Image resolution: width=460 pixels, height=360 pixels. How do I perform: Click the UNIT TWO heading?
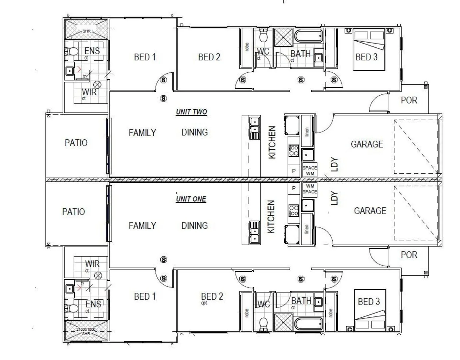(x=191, y=112)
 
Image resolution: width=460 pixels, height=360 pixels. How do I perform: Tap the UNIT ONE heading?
(x=191, y=199)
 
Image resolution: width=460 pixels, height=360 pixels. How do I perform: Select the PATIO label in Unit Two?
(x=76, y=143)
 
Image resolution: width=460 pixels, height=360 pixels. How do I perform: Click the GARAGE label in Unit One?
(x=370, y=211)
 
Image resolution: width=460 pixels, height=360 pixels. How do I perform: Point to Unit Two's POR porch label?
(x=409, y=100)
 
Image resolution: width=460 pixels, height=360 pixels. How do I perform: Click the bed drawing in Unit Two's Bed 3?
(x=369, y=50)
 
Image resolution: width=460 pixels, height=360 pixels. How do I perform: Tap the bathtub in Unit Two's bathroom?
(x=308, y=36)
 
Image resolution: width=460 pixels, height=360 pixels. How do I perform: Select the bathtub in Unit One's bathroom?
(x=308, y=323)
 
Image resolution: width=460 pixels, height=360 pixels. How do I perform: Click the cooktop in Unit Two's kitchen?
(x=294, y=151)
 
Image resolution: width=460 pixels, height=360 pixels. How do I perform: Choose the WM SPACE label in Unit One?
(x=310, y=189)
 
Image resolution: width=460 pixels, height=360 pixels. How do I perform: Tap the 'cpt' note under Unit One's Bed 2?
(x=204, y=303)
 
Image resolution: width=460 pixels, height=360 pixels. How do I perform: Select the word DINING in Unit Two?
(x=194, y=132)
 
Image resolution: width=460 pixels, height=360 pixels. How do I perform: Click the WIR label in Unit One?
(x=92, y=264)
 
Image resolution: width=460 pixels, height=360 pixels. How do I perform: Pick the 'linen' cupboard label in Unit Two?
(x=307, y=132)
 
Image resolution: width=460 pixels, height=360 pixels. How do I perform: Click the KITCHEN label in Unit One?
(x=271, y=217)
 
